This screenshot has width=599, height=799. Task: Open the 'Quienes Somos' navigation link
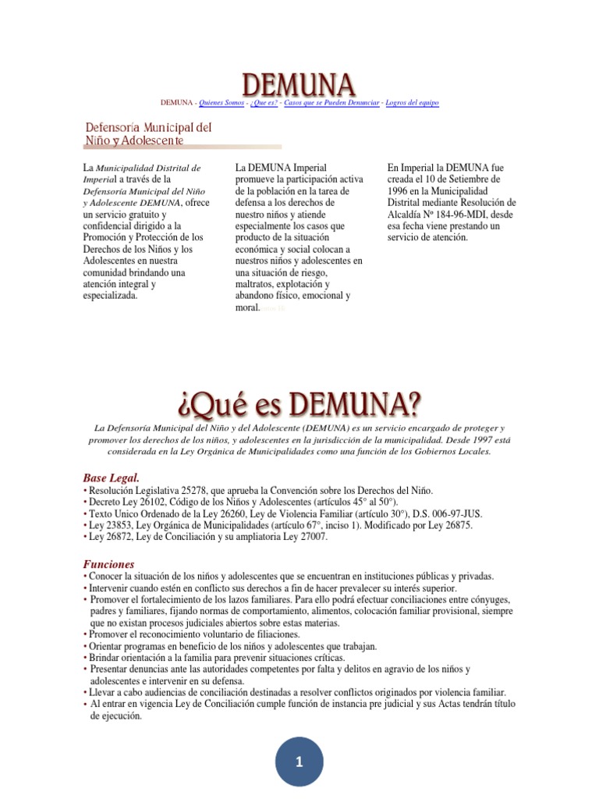tap(222, 102)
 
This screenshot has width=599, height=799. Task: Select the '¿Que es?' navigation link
tap(266, 102)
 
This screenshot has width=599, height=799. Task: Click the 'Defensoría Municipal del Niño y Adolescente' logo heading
tap(148, 133)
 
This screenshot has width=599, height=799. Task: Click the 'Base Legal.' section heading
tap(112, 478)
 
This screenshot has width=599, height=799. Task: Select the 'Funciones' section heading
tap(108, 563)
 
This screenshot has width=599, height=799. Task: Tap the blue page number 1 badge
tap(299, 763)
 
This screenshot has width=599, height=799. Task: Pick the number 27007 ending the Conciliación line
tap(312, 538)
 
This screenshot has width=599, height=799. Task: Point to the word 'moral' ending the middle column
tap(246, 308)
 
